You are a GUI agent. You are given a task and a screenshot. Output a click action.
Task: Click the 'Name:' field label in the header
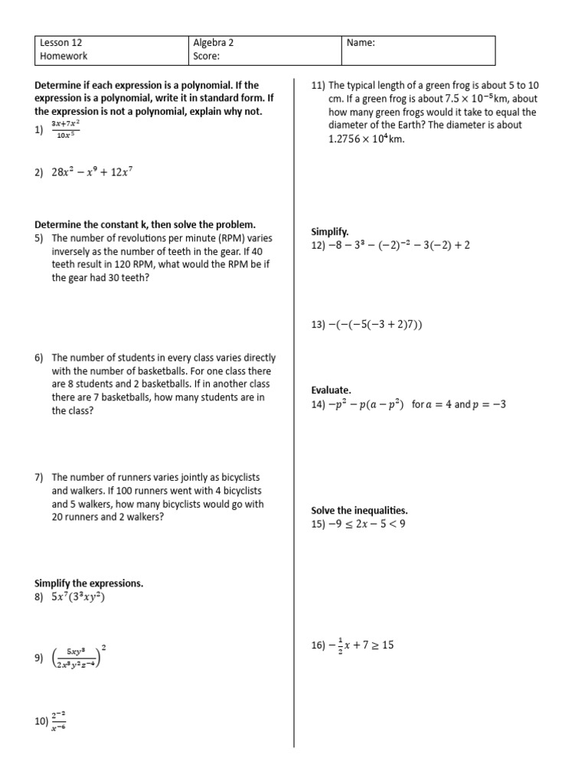click(361, 43)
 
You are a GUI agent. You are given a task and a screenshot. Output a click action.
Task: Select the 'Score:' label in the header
click(207, 56)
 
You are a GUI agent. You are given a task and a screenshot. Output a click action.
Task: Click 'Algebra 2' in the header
click(214, 43)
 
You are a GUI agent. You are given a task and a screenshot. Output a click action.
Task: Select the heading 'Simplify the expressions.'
click(89, 583)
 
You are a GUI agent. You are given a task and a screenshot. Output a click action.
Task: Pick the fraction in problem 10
click(58, 720)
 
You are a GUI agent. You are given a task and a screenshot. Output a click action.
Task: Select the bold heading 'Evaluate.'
click(331, 390)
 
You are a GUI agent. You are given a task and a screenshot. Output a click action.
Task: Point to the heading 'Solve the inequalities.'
click(359, 511)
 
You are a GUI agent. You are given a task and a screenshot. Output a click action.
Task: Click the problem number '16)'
click(318, 645)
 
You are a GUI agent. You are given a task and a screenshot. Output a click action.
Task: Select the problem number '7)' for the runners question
click(39, 478)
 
